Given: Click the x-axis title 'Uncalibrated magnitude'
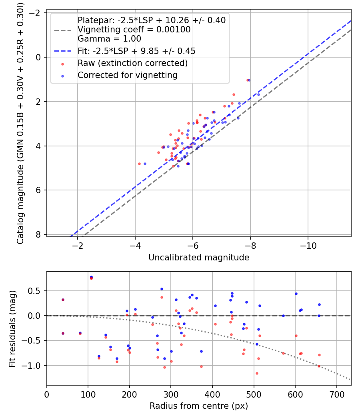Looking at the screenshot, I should point(199,258).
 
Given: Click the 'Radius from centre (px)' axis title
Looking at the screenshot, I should point(199,406).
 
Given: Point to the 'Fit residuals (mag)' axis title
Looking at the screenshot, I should point(12,328).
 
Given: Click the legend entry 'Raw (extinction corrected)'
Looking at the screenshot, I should point(132,63).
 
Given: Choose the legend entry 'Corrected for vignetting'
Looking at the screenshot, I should point(128,75).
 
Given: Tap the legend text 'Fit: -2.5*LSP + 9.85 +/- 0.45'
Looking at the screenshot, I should point(136,51).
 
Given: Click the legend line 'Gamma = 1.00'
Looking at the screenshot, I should point(109,39).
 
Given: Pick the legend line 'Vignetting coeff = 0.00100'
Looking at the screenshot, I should point(134,29).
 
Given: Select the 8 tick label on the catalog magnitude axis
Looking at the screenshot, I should point(38,234).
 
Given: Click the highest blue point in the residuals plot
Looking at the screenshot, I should point(91,277).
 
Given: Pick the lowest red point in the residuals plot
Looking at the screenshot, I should point(257,373).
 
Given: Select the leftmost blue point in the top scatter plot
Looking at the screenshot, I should point(145,164).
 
